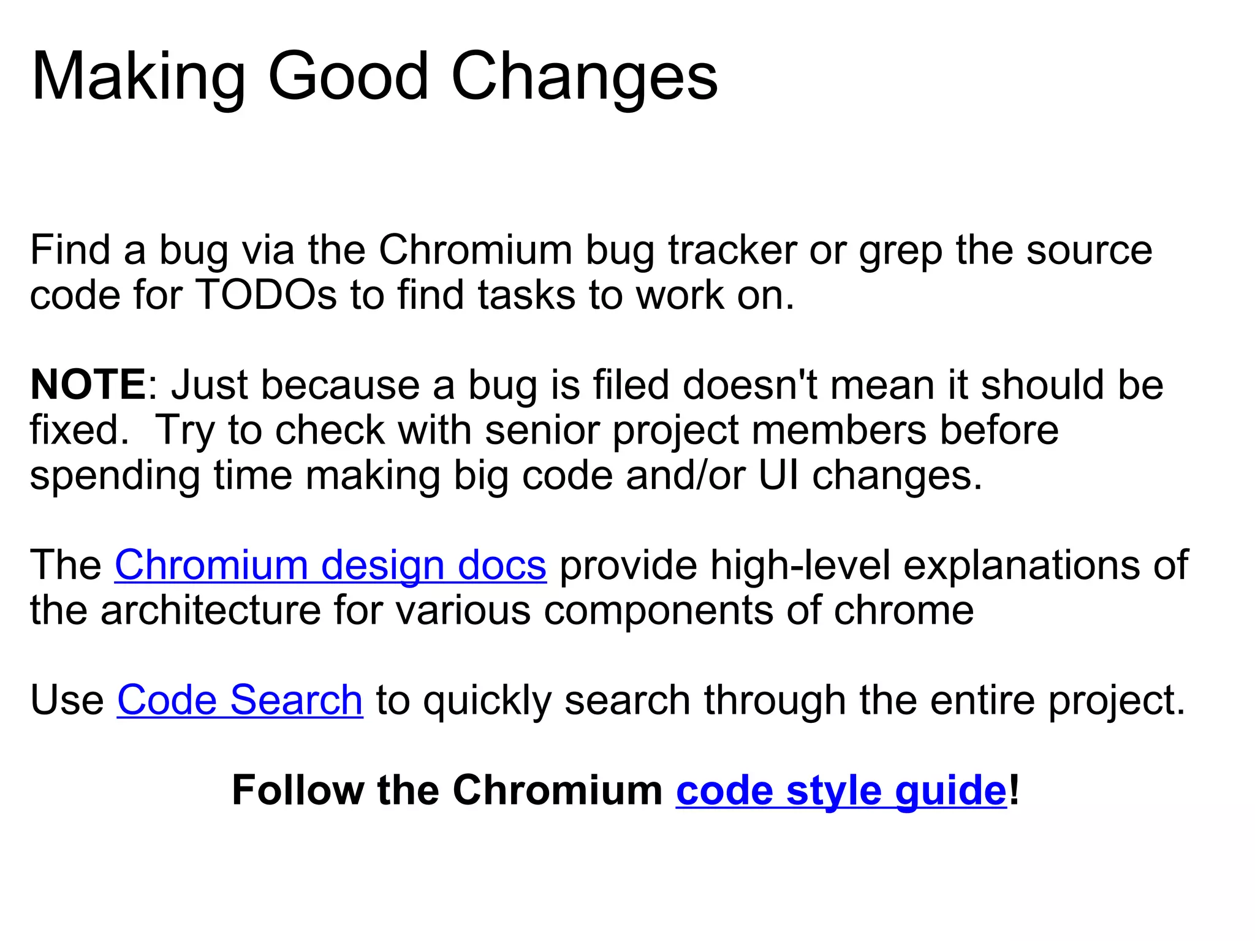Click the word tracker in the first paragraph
[732, 251]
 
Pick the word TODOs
[266, 295]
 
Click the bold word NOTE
[88, 385]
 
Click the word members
[839, 430]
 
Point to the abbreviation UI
[779, 475]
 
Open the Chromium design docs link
[330, 565]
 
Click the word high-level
[800, 565]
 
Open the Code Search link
[240, 700]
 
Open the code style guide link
[841, 791]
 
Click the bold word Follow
[298, 790]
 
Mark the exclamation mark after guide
[1014, 790]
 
